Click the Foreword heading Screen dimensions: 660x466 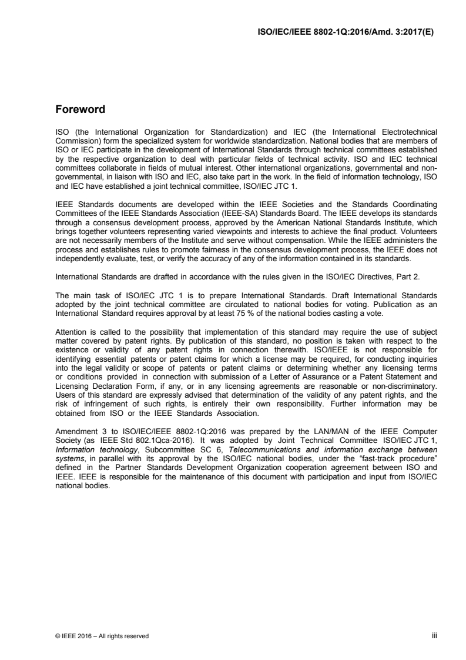pos(80,109)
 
